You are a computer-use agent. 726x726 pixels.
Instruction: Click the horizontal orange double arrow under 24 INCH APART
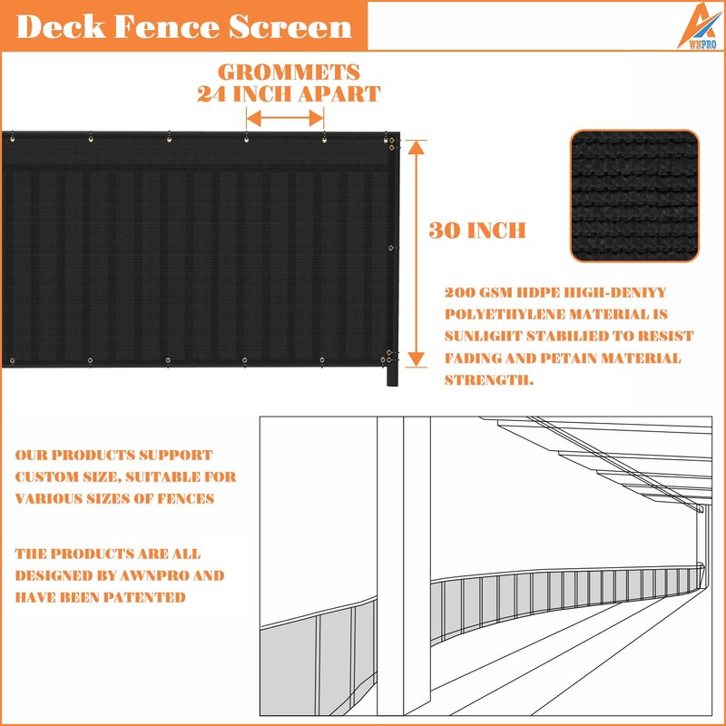[x=286, y=117]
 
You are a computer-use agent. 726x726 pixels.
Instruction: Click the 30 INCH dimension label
[x=477, y=231]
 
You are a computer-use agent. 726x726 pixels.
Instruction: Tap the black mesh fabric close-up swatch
[x=636, y=196]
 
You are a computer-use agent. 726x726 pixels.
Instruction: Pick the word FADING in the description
[x=473, y=358]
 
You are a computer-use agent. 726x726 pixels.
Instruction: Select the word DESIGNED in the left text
[x=53, y=575]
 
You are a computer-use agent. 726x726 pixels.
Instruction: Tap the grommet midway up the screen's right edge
[x=391, y=248]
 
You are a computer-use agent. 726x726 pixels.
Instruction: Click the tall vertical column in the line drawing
[x=390, y=563]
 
